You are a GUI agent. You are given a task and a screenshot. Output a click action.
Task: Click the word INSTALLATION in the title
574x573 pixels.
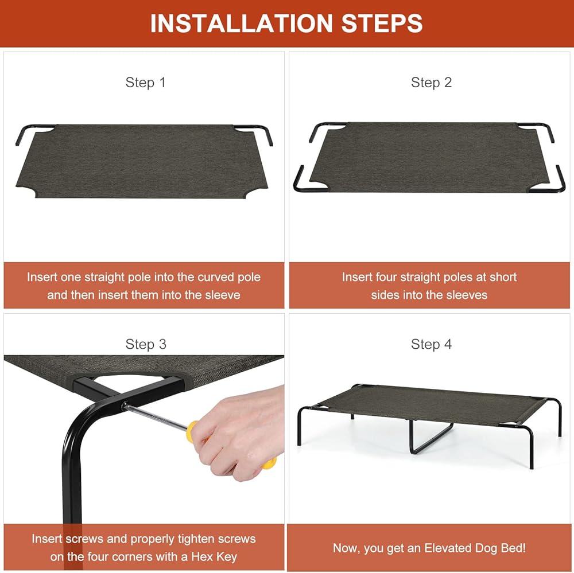coord(242,24)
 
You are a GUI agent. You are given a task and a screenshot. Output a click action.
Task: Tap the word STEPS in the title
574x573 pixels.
coord(382,24)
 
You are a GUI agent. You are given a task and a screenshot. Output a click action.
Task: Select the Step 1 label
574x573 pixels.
coord(145,83)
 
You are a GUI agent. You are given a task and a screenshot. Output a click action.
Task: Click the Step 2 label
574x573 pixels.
coord(431,83)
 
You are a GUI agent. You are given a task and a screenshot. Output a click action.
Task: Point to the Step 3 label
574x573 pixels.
coord(146,344)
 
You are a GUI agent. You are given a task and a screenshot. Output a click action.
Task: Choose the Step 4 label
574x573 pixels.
coord(431,344)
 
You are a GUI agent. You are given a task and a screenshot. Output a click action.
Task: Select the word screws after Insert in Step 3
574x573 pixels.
coord(84,539)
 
